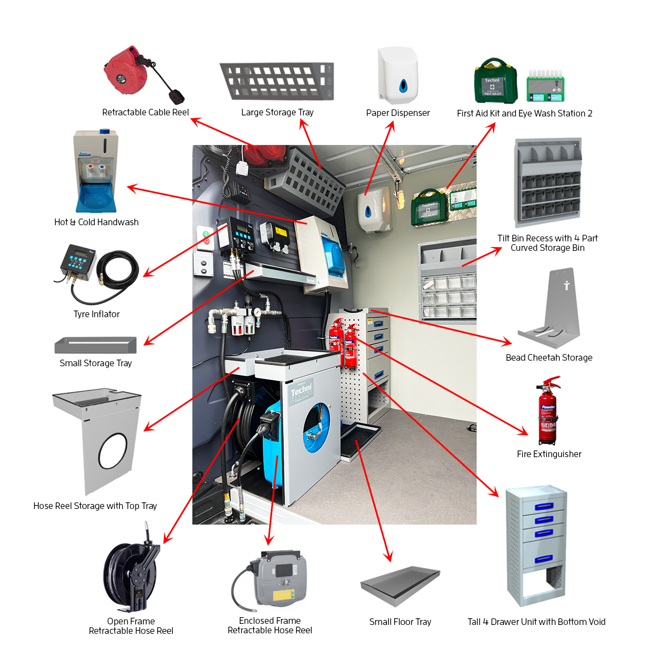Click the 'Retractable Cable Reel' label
tap(146, 112)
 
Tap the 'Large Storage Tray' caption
tap(277, 112)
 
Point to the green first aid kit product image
tap(496, 82)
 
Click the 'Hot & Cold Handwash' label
tap(96, 222)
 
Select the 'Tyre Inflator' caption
tap(96, 314)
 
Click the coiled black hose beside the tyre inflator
tap(119, 273)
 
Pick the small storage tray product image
tap(95, 345)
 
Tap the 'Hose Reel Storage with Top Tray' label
tap(95, 506)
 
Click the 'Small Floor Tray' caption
tap(400, 622)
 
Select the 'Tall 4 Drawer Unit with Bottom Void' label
tap(536, 622)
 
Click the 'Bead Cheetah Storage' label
tap(549, 357)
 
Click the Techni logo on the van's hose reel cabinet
tap(302, 391)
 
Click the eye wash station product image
tap(545, 87)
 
